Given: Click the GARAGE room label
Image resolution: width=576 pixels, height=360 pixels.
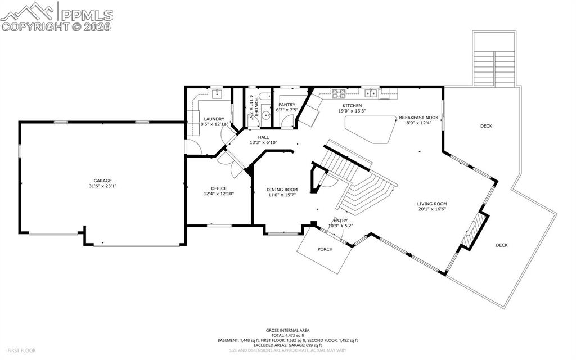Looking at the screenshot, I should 103,181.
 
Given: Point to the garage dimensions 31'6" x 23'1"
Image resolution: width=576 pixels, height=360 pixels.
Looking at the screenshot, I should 103,186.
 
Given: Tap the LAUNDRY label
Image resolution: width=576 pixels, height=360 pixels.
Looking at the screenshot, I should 214,119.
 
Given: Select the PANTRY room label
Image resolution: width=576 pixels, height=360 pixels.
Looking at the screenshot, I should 287,105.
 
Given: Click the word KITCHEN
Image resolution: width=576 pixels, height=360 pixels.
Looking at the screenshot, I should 352,106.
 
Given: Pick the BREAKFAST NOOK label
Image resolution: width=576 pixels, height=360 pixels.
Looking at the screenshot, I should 418,118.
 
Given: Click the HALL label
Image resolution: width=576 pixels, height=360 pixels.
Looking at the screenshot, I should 263,137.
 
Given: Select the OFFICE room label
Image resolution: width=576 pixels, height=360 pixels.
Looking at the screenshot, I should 219,188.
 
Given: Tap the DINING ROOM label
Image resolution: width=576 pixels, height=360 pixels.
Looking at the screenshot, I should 282,190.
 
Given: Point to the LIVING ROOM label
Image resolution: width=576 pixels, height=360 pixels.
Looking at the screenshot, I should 431,204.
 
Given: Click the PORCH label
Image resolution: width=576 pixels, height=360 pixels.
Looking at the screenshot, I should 325,249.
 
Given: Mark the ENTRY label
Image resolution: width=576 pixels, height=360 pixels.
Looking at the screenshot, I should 341,220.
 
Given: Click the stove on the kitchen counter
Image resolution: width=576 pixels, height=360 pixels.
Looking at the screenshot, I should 338,93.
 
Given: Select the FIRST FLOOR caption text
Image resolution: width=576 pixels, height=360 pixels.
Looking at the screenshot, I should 18,350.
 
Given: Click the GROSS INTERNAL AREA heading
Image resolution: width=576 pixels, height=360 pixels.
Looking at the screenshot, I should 287,330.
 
